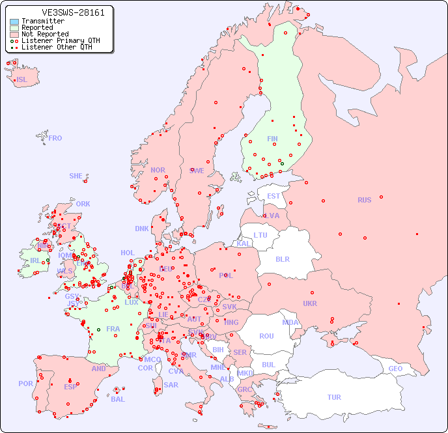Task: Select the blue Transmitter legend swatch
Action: pos(14,21)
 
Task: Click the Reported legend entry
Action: pos(37,28)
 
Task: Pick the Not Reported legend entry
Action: pos(44,35)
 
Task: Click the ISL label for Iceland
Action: pos(22,80)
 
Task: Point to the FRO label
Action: pos(55,138)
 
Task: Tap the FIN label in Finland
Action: pos(272,139)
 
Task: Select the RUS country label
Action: pos(364,200)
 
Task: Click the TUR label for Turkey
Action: pos(334,397)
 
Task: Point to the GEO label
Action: pos(395,369)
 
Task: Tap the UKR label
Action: pos(310,303)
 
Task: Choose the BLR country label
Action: pos(282,258)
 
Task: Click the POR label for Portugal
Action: pos(25,384)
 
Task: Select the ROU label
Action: pos(266,336)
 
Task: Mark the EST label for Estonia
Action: pos(273,196)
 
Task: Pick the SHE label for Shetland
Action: pos(76,176)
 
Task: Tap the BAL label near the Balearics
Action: pos(117,399)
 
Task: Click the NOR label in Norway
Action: pos(158,170)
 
